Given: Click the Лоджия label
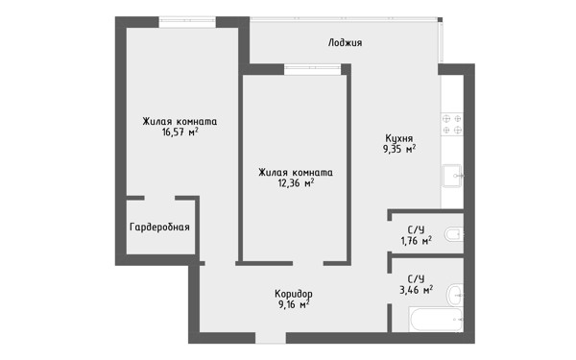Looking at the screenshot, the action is [x=345, y=43].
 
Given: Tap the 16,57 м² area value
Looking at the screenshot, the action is [x=180, y=132].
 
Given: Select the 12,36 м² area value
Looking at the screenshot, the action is [x=296, y=182].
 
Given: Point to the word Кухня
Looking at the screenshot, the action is [x=399, y=138].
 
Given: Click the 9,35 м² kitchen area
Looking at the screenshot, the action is [x=399, y=149].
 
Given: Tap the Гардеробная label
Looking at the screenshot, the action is [x=159, y=227].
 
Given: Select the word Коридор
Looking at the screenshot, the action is [x=294, y=294].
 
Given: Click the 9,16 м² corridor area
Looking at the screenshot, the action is [x=294, y=304].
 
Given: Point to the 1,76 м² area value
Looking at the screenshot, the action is [x=416, y=241].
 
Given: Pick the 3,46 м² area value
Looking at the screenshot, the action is [x=416, y=290].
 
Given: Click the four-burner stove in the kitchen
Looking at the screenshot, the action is [x=452, y=124].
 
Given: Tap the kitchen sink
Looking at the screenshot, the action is [x=452, y=176].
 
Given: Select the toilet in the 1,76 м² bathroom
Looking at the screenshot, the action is [x=454, y=234].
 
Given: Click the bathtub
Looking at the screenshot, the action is [x=436, y=320].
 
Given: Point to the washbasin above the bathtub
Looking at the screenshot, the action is [x=455, y=295].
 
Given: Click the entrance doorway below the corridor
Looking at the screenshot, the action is [x=271, y=338].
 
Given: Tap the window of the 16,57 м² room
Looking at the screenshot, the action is [x=187, y=22].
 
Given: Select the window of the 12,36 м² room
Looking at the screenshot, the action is [x=313, y=69].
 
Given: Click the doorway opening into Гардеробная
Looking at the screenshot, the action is [x=159, y=198].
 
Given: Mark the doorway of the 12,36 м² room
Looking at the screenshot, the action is [x=308, y=263].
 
